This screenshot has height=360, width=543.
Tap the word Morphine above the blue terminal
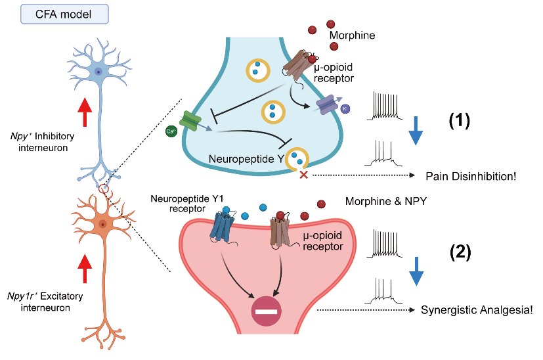(x=353, y=35)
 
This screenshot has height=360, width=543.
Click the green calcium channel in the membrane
(x=191, y=120)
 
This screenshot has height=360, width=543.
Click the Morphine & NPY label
(x=386, y=202)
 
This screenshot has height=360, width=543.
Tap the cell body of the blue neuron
(x=98, y=72)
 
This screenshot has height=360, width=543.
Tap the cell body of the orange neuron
(x=102, y=225)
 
